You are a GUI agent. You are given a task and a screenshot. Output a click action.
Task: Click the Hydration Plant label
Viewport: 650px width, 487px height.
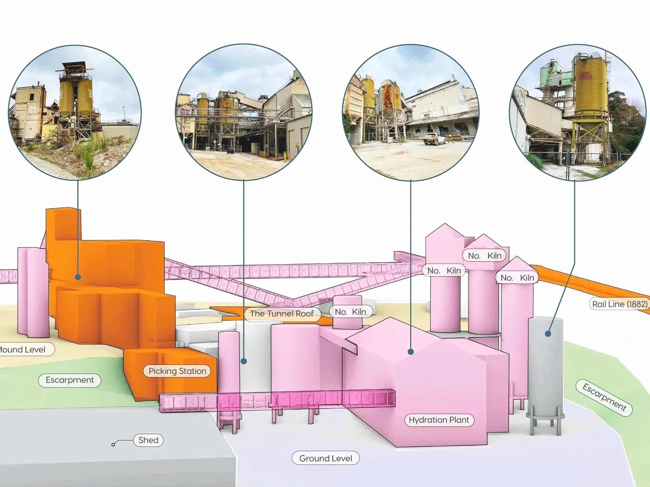[x=439, y=420]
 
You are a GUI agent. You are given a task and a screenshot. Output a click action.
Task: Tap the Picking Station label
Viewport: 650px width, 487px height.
[x=177, y=371]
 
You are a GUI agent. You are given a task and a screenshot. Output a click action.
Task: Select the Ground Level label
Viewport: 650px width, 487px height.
[x=325, y=458]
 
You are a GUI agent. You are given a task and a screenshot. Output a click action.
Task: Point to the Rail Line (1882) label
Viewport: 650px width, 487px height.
[x=619, y=304]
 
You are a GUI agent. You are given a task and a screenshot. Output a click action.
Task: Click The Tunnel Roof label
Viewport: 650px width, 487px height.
[x=282, y=313]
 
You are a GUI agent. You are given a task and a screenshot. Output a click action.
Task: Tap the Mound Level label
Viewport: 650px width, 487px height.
[x=23, y=350]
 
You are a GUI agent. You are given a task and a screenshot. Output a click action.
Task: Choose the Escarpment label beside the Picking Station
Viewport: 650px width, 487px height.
[x=70, y=380]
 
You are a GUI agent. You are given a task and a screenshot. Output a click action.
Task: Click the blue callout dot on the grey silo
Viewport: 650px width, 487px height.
[x=548, y=334]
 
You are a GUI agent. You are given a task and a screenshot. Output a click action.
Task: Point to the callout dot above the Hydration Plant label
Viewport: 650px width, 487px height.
[x=411, y=351]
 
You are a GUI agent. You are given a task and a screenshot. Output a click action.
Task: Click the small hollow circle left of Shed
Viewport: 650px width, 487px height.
[x=113, y=445]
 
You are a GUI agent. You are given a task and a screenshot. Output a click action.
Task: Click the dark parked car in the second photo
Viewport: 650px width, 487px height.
[x=230, y=150]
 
